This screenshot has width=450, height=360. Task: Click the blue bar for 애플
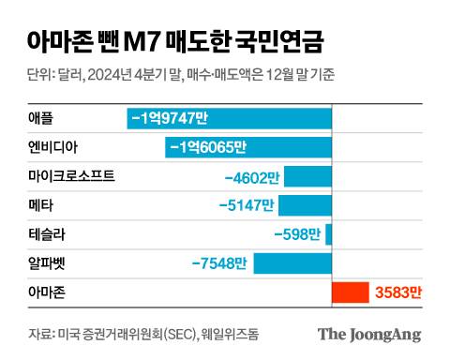pos(230,118)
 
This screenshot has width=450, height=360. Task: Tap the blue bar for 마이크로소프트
pos(308,176)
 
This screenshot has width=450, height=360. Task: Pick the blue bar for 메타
pos(306,205)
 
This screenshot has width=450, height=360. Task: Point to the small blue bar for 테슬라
pos(328,235)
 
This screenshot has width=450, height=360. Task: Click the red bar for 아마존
pos(351,293)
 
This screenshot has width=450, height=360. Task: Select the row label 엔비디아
pos(51,147)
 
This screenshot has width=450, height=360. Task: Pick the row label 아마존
pos(46,293)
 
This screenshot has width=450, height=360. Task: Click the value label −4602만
pos(252,176)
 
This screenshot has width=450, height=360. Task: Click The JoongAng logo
pos(368,335)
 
